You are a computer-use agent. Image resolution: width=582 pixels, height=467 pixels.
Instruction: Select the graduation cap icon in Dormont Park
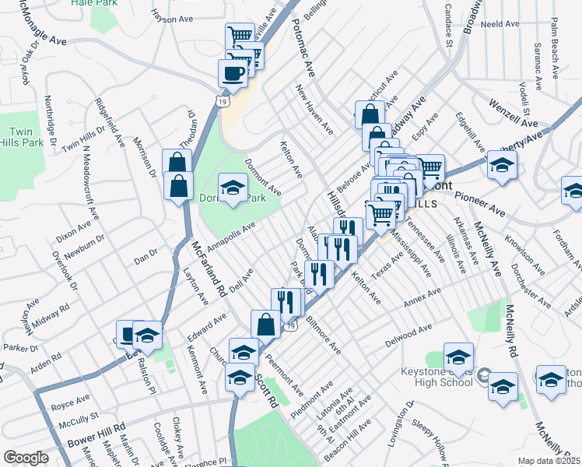(232, 188)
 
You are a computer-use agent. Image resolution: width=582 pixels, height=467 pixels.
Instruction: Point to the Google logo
(26, 458)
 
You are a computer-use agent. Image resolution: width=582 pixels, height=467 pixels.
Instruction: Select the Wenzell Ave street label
(514, 114)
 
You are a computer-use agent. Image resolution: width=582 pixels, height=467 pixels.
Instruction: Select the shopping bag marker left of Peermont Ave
(265, 324)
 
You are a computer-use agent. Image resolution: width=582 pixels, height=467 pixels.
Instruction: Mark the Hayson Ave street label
(173, 17)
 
